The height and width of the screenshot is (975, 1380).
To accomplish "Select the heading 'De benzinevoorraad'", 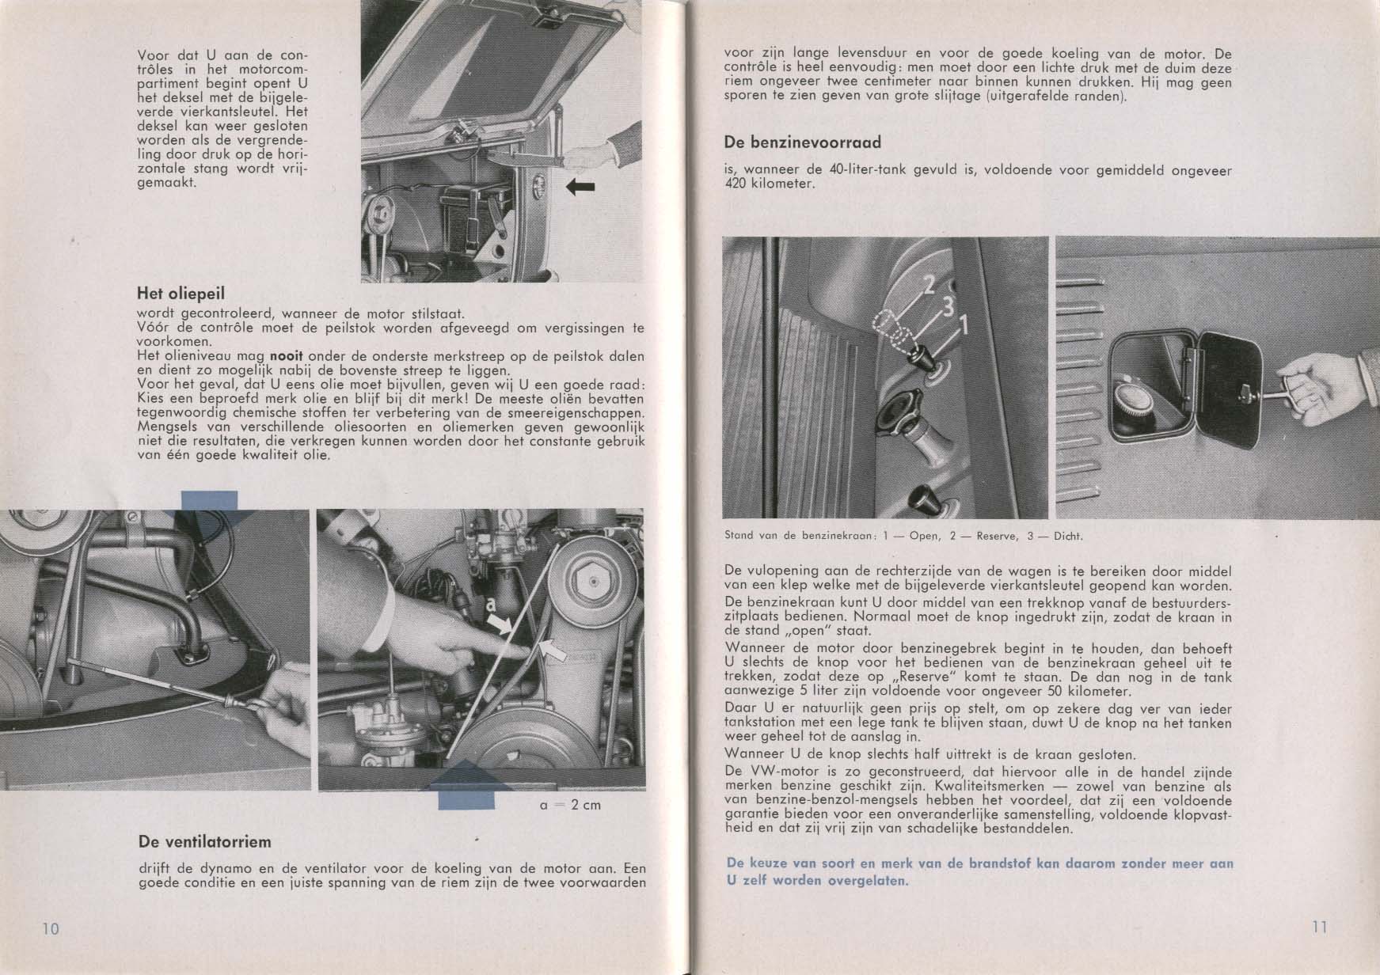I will [x=802, y=142].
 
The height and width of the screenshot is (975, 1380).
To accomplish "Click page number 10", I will [x=50, y=928].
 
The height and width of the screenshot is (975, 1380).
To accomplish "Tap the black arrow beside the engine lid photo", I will [x=580, y=186].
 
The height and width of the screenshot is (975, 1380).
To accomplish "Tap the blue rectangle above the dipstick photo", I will [x=209, y=501].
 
